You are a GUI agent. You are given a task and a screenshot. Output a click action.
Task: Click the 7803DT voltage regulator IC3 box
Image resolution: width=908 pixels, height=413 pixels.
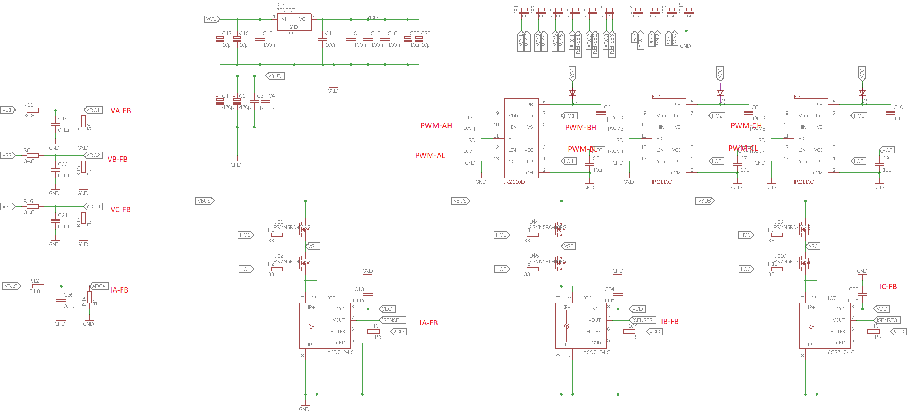point(294,22)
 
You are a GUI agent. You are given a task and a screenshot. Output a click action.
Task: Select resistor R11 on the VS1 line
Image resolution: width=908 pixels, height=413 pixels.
point(33,110)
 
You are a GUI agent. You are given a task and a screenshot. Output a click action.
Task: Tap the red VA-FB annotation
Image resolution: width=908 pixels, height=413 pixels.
point(120,111)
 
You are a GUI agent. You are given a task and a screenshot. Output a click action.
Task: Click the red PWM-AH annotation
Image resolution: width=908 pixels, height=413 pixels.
point(436,125)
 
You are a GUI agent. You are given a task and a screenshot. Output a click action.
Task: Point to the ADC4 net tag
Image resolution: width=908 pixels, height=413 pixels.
point(99,286)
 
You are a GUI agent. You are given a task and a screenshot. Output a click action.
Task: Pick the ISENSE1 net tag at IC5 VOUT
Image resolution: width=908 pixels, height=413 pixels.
point(392,320)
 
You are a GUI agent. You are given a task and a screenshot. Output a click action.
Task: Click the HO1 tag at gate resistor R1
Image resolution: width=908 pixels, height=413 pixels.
point(245,235)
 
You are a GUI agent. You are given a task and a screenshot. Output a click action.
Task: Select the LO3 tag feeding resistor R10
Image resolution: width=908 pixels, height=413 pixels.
point(745,269)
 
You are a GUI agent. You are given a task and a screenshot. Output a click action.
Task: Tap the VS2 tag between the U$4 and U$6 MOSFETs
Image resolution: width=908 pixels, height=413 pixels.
point(569,246)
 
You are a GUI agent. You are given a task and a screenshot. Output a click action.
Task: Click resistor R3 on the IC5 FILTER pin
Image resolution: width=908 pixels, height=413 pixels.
point(373,332)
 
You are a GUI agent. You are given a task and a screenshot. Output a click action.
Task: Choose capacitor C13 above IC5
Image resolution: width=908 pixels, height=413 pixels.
point(368,294)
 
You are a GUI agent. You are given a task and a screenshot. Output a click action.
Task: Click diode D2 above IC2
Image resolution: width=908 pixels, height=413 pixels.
point(720,93)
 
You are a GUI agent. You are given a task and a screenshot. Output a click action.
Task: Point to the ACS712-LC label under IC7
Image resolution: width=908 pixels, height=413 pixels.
point(841,352)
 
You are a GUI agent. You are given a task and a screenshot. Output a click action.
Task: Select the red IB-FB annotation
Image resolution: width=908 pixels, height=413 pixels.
point(670,321)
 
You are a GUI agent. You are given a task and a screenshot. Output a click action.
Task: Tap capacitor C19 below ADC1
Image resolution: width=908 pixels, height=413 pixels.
point(55,124)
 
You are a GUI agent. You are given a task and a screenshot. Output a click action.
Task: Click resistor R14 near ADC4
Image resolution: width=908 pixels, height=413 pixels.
point(89,297)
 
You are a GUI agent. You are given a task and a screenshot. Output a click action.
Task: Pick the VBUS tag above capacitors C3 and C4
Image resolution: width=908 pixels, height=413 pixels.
point(275,76)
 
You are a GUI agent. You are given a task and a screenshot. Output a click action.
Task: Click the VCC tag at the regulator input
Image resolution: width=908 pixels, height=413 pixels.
point(211,19)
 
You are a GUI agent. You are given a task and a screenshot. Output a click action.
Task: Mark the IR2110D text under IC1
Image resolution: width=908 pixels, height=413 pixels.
point(514,182)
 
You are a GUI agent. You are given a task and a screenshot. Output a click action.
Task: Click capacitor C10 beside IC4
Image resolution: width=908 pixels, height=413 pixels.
point(891,113)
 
